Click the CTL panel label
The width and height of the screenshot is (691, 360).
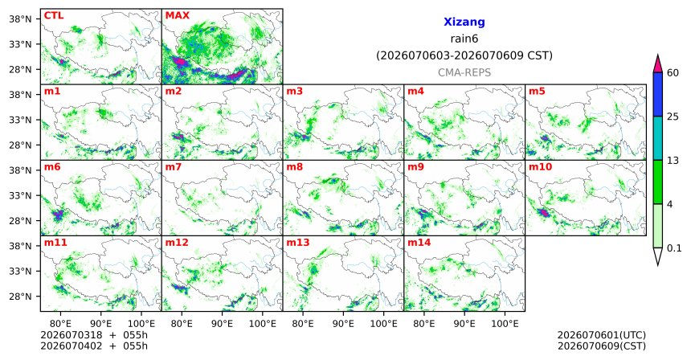[54, 15]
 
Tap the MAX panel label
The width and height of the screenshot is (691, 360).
[177, 15]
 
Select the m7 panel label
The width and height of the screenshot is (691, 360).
[174, 167]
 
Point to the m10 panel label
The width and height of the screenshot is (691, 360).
[540, 167]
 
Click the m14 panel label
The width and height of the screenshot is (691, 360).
[419, 243]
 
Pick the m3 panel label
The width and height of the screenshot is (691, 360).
[295, 92]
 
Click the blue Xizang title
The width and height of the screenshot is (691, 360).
[464, 22]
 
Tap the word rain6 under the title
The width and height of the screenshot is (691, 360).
[464, 39]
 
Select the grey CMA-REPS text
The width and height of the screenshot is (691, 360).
[464, 72]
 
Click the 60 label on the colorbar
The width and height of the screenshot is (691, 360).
[673, 72]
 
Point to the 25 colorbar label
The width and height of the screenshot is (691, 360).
[673, 117]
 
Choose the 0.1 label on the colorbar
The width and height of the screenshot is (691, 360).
[674, 248]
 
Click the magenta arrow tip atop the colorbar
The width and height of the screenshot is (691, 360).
[658, 55]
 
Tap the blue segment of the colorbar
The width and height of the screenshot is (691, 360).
[658, 94]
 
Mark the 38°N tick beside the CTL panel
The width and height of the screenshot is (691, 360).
[20, 19]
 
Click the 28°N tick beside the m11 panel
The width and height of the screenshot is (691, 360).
[20, 296]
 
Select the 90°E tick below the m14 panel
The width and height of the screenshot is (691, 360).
[464, 324]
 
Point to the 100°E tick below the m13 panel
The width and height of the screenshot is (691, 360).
[383, 324]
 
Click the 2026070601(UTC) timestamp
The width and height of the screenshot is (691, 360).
[602, 335]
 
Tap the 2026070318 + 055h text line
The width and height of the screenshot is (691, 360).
[94, 335]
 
